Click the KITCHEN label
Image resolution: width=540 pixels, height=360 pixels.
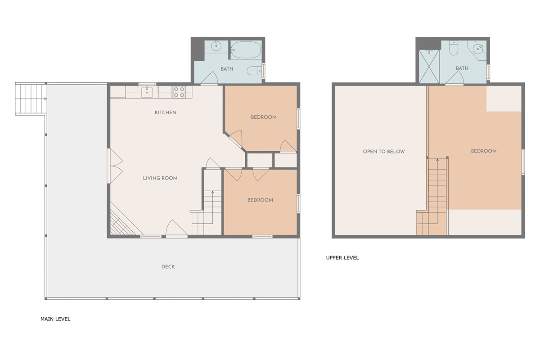[x=166, y=112]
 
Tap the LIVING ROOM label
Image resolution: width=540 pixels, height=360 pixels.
[x=160, y=178]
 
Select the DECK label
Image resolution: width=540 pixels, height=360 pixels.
[x=168, y=267]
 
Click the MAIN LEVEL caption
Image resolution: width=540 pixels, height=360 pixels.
[x=55, y=319]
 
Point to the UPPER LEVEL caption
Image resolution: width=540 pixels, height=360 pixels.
[x=342, y=258]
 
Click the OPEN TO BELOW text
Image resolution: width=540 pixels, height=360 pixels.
[x=384, y=152]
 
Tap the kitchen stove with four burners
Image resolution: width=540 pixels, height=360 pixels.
[x=179, y=92]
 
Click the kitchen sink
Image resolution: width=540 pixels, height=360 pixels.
[x=147, y=92]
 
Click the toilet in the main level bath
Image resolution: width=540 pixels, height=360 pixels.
[x=254, y=70]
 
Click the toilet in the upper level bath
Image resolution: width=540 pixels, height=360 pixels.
[x=453, y=48]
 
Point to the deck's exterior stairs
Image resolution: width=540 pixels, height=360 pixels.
[x=31, y=98]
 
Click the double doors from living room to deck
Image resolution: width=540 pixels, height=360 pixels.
[x=113, y=166]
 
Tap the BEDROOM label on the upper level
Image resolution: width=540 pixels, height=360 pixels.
[x=484, y=151]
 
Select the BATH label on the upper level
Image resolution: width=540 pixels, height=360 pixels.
[x=462, y=68]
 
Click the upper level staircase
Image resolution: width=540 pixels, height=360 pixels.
[x=437, y=189]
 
